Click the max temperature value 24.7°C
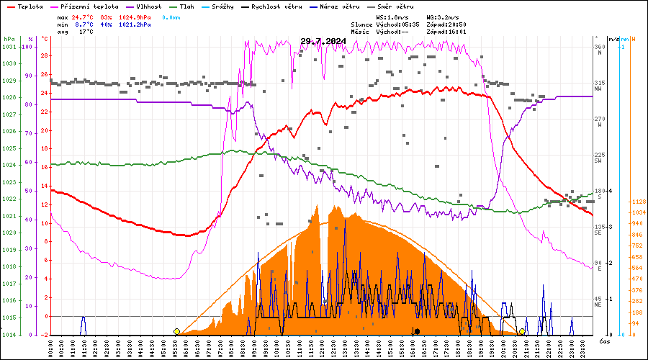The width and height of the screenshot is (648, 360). pyautogui.click(x=84, y=16)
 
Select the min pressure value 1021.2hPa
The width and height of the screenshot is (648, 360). pyautogui.click(x=135, y=24)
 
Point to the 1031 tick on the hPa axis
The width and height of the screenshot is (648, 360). pyautogui.click(x=9, y=47)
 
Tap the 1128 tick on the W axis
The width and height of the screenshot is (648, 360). pyautogui.click(x=637, y=202)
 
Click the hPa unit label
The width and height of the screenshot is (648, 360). pyautogui.click(x=9, y=39)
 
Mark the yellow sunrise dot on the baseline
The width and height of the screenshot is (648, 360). pyautogui.click(x=176, y=331)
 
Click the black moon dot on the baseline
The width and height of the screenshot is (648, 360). pyautogui.click(x=417, y=331)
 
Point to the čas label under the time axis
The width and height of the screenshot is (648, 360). pyautogui.click(x=604, y=340)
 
